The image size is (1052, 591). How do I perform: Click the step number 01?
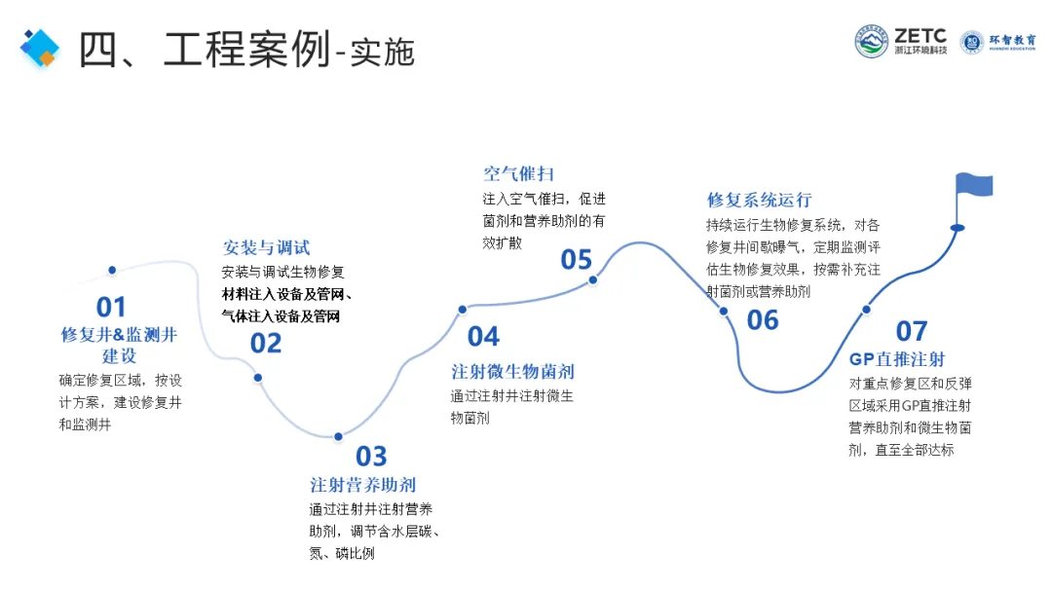point(111,307)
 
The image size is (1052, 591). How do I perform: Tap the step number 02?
point(266,343)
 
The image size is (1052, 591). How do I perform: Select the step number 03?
point(371,456)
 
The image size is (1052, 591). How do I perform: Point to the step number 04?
point(483,337)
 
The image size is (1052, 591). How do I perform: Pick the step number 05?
point(576,259)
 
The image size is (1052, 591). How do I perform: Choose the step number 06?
point(763,319)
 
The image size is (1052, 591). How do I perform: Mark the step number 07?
point(912,331)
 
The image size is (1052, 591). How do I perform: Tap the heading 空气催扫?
point(518,174)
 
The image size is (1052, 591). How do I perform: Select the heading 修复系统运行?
point(759,201)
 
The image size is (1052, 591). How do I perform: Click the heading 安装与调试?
point(266,248)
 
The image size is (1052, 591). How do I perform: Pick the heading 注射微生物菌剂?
point(512,371)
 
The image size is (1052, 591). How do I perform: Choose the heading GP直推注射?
point(897,359)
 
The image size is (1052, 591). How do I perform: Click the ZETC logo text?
point(920,34)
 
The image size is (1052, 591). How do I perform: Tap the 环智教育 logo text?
point(1012,41)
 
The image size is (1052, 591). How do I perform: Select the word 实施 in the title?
point(383,52)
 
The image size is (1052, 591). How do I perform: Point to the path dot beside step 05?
point(592,280)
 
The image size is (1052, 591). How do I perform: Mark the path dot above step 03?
point(338,436)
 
